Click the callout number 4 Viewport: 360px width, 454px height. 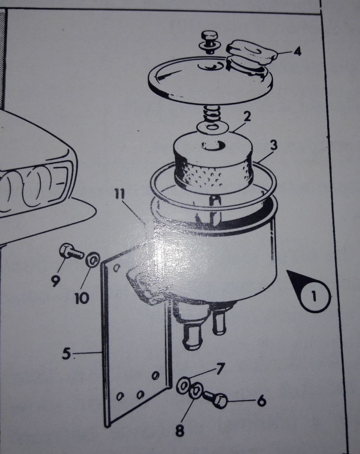[x=297, y=51]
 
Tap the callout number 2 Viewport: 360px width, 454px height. [x=247, y=116]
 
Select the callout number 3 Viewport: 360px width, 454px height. [x=274, y=145]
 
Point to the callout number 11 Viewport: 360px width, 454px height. [x=119, y=194]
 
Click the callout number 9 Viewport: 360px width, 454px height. [x=56, y=280]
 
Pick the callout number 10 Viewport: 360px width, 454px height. [x=82, y=298]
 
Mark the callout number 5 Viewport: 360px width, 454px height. [x=67, y=353]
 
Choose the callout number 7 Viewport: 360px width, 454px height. [x=220, y=369]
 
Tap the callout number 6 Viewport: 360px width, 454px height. [x=262, y=401]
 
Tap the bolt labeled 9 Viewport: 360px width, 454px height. [x=70, y=252]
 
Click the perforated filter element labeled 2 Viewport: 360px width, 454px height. [x=213, y=160]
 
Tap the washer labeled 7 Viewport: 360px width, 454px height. [x=184, y=385]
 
